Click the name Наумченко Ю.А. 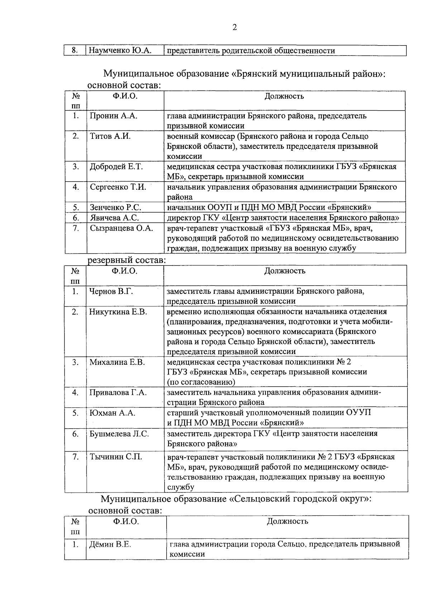click(x=120, y=51)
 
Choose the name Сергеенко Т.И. click(x=118, y=187)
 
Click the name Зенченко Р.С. click(x=115, y=207)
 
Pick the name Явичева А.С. click(x=114, y=218)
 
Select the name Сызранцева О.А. click(x=121, y=228)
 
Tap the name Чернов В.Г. click(x=111, y=291)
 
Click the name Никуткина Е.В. click(x=118, y=312)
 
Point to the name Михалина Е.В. click(x=117, y=362)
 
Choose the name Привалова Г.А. click(x=118, y=392)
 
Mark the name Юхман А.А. click(x=112, y=413)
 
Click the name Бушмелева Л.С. click(x=119, y=434)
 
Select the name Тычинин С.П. click(x=115, y=457)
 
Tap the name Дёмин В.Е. click(x=110, y=545)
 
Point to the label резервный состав click(x=126, y=260)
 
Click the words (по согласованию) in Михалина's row click(x=201, y=382)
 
